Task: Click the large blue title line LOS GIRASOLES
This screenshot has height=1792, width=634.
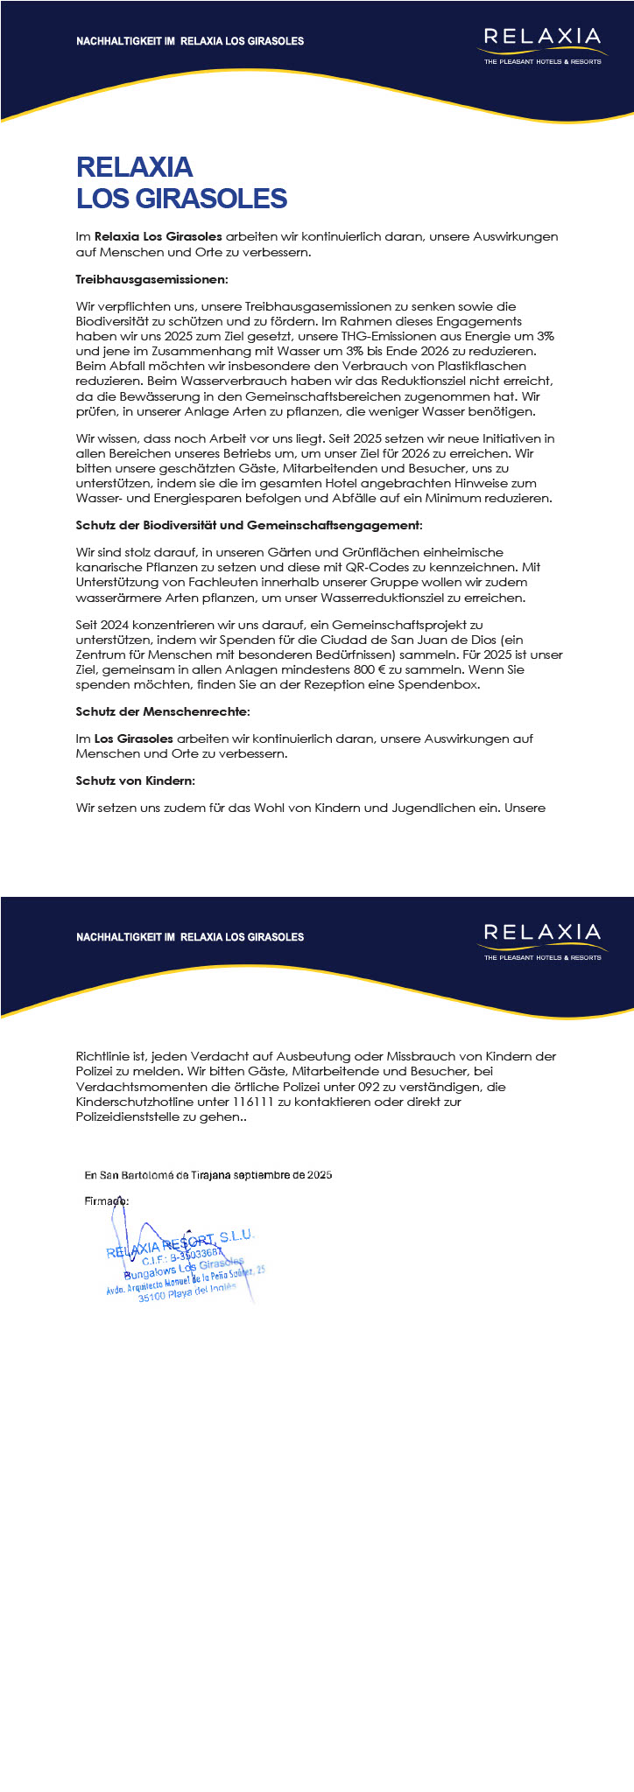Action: click(x=181, y=199)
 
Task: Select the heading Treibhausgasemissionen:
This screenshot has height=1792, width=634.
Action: click(x=151, y=280)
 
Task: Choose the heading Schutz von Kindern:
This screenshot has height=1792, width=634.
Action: click(x=136, y=780)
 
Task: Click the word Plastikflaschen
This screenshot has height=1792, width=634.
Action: click(x=479, y=366)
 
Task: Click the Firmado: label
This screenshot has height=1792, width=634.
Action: click(x=107, y=1201)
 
